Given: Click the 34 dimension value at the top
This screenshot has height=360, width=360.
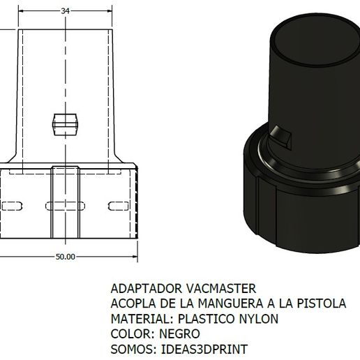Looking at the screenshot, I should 65,10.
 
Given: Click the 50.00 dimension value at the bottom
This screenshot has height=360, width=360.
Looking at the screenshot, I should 65,257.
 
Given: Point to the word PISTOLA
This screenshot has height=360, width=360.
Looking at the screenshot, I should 322,303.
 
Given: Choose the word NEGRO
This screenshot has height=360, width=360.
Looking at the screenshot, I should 180,333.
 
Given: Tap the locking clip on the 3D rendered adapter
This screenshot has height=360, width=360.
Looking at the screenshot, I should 281,138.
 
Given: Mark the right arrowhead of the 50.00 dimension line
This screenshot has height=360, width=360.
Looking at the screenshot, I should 134,257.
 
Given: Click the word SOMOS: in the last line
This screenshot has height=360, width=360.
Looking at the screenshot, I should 133,349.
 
